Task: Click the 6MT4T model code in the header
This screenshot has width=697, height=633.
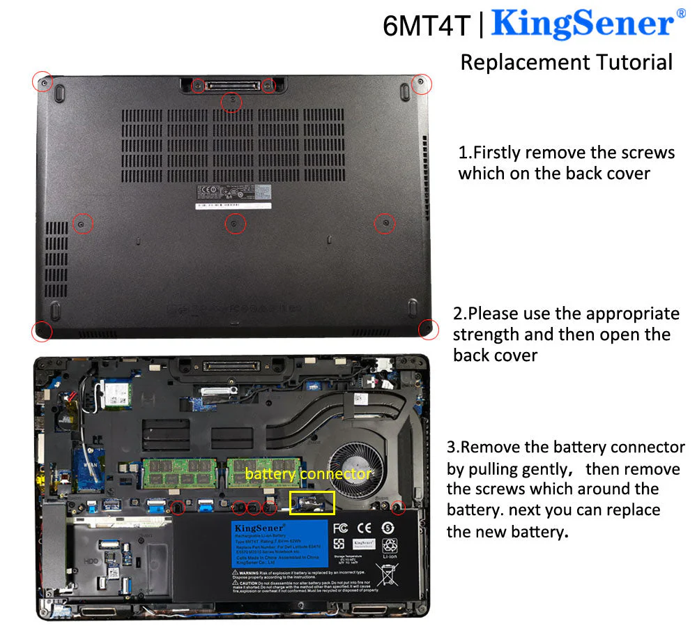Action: click(x=427, y=26)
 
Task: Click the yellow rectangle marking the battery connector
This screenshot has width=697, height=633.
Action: click(x=312, y=503)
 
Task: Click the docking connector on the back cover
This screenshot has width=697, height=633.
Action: click(x=233, y=86)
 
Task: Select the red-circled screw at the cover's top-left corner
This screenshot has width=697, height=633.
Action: click(x=43, y=82)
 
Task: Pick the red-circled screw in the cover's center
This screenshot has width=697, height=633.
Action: click(x=236, y=223)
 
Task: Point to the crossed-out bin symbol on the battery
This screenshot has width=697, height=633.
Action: click(x=388, y=574)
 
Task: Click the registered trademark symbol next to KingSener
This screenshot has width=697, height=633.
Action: click(x=680, y=14)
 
